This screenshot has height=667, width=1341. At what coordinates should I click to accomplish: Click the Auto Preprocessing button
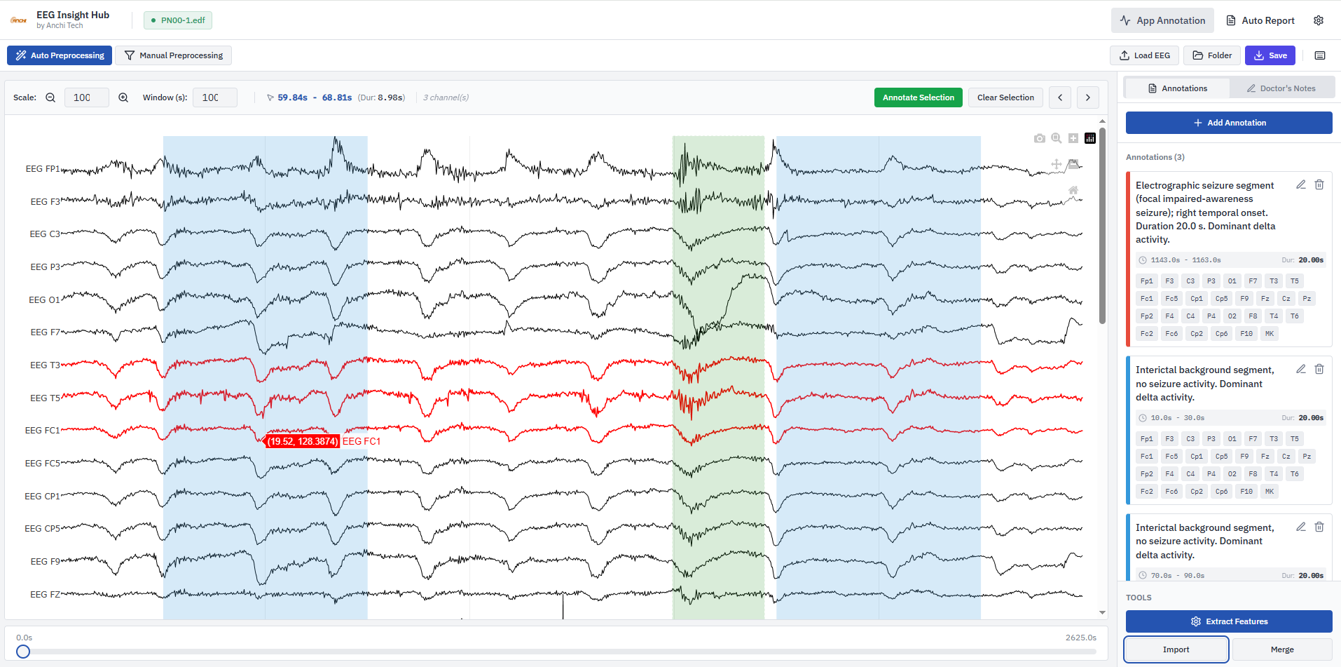click(x=60, y=55)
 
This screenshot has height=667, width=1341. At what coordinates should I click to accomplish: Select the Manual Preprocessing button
click(x=173, y=55)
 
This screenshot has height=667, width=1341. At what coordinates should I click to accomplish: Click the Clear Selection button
click(x=1005, y=97)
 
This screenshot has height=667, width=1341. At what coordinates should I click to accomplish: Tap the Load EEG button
click(x=1144, y=55)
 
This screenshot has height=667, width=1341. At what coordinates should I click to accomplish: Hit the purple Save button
click(x=1270, y=55)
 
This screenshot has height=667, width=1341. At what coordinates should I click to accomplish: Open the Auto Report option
click(x=1260, y=20)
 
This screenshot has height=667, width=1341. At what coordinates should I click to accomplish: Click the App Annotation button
click(x=1162, y=20)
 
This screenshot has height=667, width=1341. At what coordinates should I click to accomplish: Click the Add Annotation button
click(x=1229, y=123)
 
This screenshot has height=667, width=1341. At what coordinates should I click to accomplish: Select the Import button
click(x=1176, y=649)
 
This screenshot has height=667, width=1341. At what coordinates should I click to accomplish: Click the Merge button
click(x=1282, y=649)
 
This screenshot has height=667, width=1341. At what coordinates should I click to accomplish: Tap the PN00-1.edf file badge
click(x=178, y=20)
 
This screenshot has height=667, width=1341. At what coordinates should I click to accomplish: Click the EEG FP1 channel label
click(x=43, y=169)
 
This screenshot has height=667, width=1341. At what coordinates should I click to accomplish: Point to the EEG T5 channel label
click(x=46, y=398)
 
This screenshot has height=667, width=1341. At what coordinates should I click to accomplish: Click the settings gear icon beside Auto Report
click(x=1319, y=20)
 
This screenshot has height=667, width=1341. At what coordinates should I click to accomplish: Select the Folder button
click(x=1212, y=55)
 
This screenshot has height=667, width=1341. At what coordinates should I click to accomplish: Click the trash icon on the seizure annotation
click(x=1319, y=184)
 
